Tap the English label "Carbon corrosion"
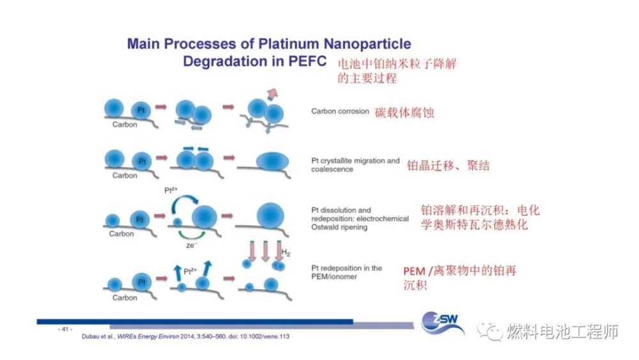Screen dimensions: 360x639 [x=340, y=111]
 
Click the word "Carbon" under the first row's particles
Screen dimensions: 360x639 [x=125, y=125]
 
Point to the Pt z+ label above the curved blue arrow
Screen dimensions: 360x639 [x=174, y=190]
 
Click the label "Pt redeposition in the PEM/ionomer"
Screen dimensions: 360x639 [x=347, y=272]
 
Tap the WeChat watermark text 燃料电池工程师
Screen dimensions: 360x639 [x=562, y=332]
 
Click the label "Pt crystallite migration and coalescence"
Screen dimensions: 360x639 [x=355, y=165]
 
